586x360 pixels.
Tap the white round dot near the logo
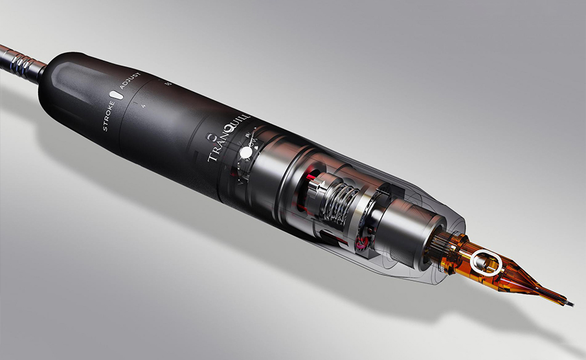[246, 153]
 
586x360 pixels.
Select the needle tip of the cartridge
[567, 304]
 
